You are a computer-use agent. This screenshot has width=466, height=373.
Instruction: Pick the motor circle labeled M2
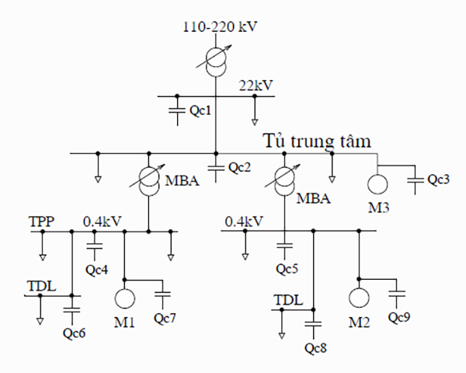click(359, 298)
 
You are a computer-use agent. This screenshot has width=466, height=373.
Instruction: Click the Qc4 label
click(96, 270)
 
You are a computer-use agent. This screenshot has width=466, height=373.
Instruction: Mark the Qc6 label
click(72, 333)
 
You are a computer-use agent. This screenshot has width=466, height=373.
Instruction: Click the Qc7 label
click(165, 319)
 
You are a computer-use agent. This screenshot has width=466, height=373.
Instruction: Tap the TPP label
click(41, 221)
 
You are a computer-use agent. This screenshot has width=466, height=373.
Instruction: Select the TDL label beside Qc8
click(287, 299)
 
